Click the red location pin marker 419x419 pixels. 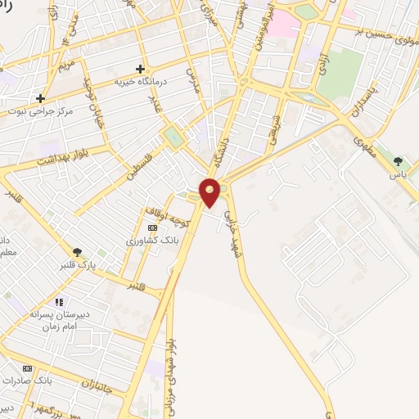click(210, 192)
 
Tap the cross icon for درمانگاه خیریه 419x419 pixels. click(140, 70)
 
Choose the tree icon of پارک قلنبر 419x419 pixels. click(78, 252)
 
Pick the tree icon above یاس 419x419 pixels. click(399, 160)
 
